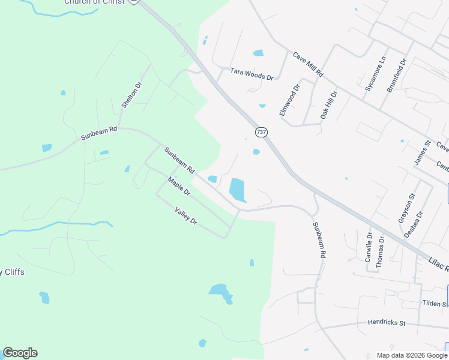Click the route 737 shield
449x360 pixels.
[261, 131]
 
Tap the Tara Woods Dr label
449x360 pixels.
[252, 74]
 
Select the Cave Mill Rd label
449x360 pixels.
[308, 64]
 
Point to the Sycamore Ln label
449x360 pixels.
[376, 75]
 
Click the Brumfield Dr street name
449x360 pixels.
[397, 76]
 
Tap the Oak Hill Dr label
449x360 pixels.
[328, 104]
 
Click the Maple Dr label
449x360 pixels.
[179, 187]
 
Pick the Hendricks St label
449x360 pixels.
[387, 323]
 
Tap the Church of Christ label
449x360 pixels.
[95, 2]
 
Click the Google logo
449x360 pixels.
[20, 353]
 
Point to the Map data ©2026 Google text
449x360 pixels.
[411, 355]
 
